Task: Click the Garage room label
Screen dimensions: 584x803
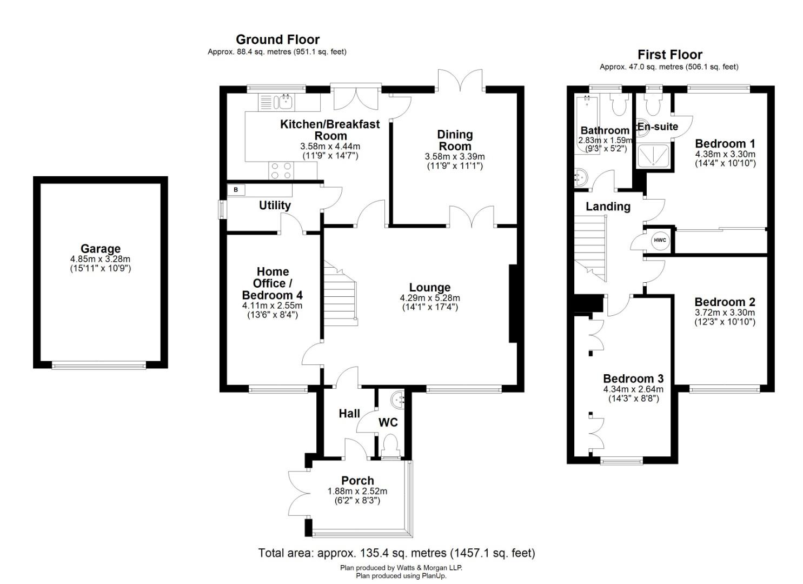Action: [101, 249]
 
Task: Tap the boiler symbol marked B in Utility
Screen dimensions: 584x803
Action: [235, 190]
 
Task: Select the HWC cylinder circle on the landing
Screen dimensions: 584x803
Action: [660, 241]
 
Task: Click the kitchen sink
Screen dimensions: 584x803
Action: [283, 101]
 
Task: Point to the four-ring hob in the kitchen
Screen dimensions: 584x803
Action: [281, 170]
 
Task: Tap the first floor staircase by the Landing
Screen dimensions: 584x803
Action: [590, 246]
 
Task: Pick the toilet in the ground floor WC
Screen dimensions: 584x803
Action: [389, 446]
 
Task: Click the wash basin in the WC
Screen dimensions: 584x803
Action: [400, 399]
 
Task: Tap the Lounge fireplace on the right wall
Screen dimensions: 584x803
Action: [513, 303]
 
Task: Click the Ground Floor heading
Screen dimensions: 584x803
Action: [277, 39]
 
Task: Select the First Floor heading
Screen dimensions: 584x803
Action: [669, 55]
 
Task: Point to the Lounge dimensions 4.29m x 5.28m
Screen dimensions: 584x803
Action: [430, 298]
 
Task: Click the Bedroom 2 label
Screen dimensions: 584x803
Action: [725, 302]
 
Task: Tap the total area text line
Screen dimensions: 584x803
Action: [396, 553]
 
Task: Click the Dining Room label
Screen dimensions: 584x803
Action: [455, 140]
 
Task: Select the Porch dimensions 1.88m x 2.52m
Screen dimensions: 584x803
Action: [357, 492]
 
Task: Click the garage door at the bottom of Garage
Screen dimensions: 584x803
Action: [99, 365]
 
